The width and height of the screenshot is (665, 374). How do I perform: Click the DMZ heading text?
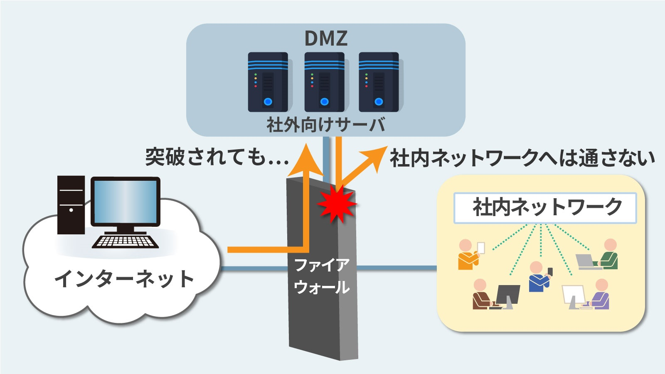[x=325, y=38]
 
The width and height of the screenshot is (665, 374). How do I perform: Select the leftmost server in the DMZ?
[x=268, y=82]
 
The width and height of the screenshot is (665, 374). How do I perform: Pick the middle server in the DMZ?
[x=325, y=82]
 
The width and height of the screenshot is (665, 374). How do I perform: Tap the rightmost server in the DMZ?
[x=379, y=82]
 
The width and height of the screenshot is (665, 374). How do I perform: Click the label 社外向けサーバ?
[x=325, y=125]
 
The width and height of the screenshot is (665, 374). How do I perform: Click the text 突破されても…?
[x=217, y=157]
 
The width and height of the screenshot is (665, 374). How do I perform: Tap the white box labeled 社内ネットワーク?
[x=545, y=208]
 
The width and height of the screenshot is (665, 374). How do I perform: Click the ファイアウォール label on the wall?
[x=321, y=276]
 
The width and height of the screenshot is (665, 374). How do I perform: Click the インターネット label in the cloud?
[x=124, y=279]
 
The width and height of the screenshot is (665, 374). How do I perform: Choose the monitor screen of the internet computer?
[x=125, y=202]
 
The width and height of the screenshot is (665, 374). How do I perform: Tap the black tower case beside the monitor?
[x=71, y=204]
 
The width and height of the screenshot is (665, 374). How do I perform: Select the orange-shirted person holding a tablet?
[x=469, y=254]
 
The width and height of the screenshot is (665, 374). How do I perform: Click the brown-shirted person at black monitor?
[x=482, y=295]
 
